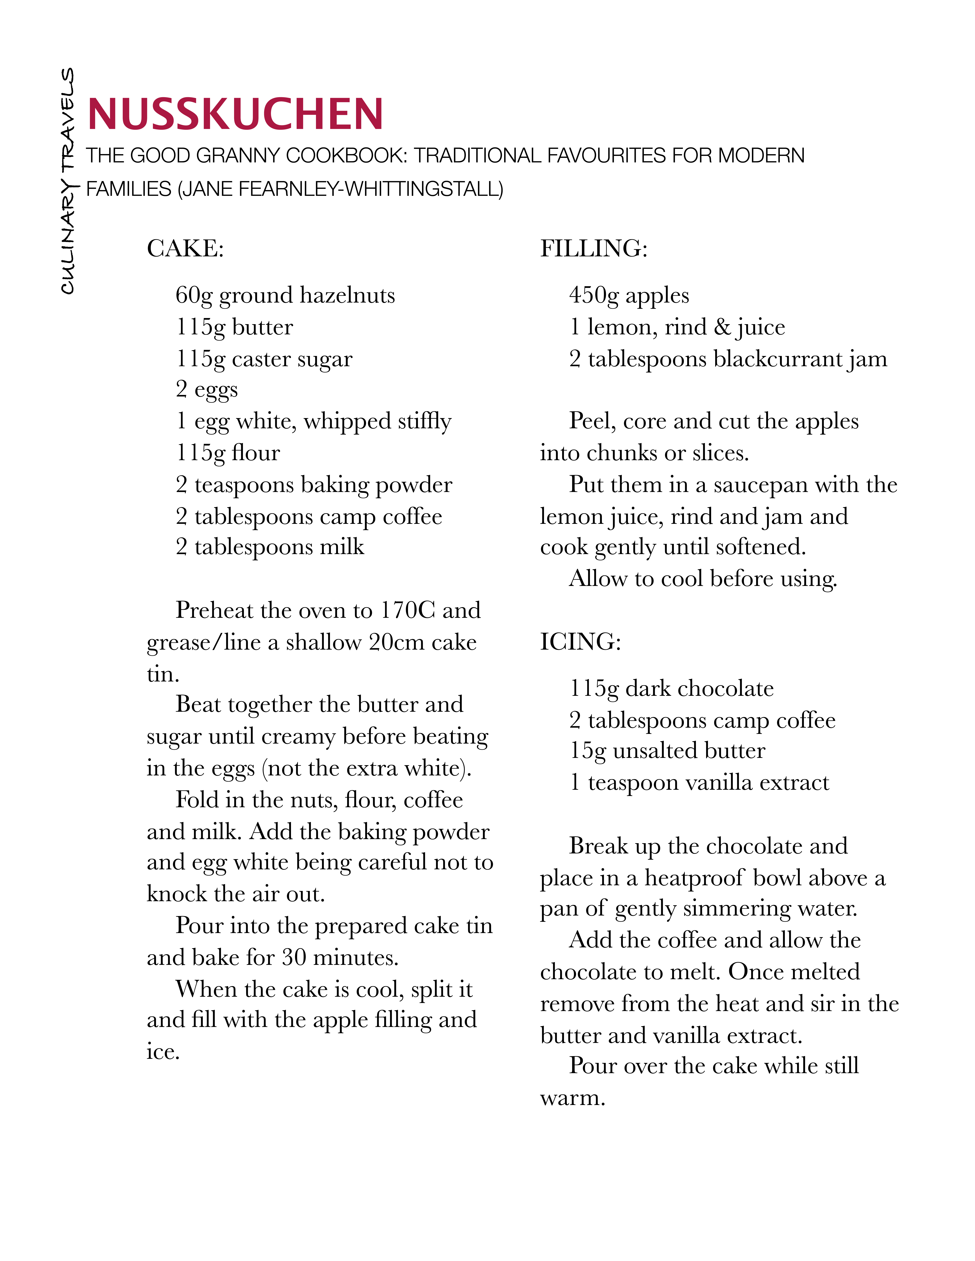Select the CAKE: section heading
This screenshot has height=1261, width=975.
point(185,249)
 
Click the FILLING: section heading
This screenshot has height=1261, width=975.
point(594,249)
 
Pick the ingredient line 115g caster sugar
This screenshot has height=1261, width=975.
point(264,359)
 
